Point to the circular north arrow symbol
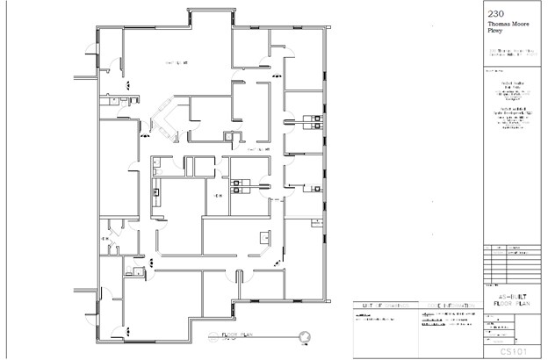click(x=305, y=336)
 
